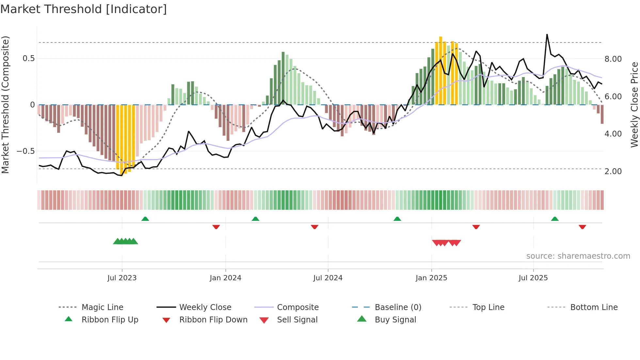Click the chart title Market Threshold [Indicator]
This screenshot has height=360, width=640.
(84, 9)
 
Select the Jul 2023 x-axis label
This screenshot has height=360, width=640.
(122, 278)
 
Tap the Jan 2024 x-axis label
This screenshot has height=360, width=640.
(225, 278)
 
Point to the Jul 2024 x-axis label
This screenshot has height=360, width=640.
(328, 278)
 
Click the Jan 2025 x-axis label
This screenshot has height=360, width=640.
(431, 278)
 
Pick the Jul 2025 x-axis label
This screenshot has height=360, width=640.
(533, 278)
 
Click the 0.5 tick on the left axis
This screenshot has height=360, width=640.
(28, 58)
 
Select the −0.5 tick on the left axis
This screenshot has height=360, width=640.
(25, 151)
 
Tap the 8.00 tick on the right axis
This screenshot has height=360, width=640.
(613, 59)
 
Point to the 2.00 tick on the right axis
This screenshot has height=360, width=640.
(613, 172)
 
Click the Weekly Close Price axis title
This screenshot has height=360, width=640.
(634, 105)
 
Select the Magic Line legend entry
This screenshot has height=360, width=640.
(102, 307)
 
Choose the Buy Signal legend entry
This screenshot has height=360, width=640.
(395, 320)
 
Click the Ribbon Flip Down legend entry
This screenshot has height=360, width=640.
(213, 320)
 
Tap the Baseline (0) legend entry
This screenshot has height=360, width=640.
(398, 307)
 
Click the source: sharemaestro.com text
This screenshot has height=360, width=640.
(578, 256)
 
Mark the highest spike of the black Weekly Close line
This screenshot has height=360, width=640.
(547, 34)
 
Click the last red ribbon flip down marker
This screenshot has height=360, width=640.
(582, 227)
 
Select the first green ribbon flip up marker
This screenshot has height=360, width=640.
(145, 219)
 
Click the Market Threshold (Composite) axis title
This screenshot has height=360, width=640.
(5, 105)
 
